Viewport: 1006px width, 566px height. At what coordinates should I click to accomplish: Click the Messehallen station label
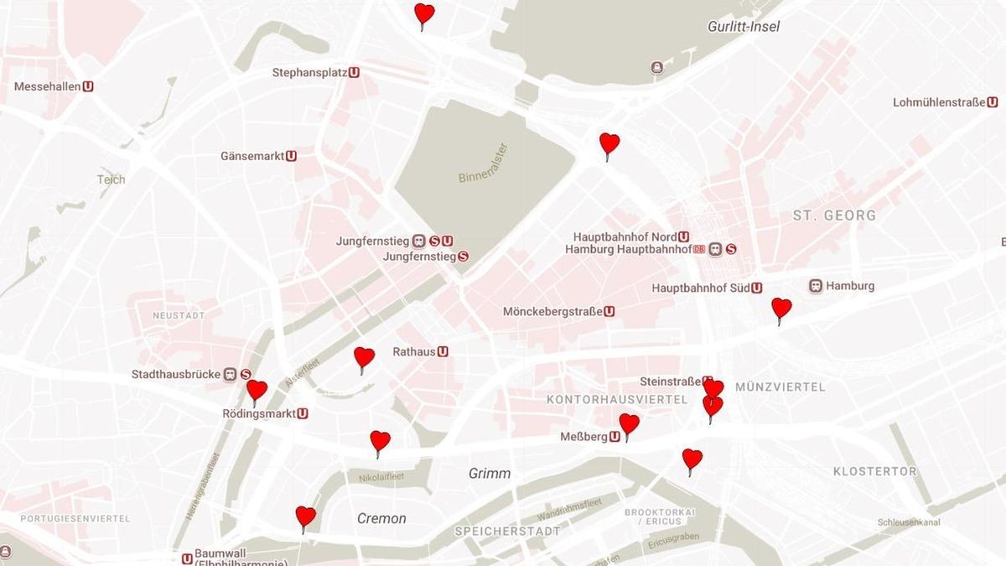(x=48, y=86)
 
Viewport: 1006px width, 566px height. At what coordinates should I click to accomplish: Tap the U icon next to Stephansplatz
(x=355, y=73)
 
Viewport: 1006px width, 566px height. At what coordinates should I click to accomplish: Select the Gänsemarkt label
(x=252, y=156)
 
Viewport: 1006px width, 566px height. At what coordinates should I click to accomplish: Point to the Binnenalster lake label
(x=484, y=164)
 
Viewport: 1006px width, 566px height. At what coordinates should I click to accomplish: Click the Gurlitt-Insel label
(x=744, y=27)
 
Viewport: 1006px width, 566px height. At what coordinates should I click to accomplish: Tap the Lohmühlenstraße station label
(x=939, y=102)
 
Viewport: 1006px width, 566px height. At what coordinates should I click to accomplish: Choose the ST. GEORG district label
(x=834, y=215)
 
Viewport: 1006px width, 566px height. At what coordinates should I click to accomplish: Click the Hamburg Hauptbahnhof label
(x=628, y=249)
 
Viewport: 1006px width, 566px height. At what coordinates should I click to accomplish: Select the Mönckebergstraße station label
(x=552, y=312)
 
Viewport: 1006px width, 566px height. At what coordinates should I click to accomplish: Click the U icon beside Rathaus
(x=443, y=352)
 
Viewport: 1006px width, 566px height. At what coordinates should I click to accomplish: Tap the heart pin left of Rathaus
(x=364, y=357)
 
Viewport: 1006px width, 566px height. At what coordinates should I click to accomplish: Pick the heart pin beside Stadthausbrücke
(x=257, y=390)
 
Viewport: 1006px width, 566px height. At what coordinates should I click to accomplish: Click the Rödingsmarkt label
(x=259, y=413)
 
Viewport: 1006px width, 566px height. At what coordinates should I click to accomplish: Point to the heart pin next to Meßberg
(x=629, y=423)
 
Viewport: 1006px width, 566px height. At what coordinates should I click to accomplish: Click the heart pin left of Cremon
(x=305, y=516)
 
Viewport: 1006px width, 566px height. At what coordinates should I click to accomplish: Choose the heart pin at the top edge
(x=424, y=13)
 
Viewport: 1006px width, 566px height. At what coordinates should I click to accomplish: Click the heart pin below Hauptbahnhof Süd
(x=780, y=308)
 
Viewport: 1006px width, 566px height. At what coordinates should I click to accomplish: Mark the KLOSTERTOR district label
(x=874, y=472)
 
